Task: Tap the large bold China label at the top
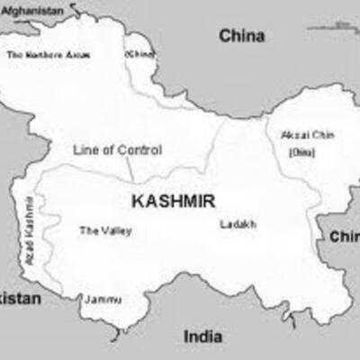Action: pos(242,36)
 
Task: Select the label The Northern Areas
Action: pos(49,55)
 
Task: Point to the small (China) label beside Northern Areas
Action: pos(140,54)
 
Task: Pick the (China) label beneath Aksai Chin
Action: pos(301,152)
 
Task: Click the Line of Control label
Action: pos(117,150)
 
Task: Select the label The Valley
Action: pos(105,231)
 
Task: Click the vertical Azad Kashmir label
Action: pos(29,227)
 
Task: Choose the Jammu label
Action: pos(103,298)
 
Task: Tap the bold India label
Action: pos(203,336)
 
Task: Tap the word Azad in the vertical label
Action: pos(29,247)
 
